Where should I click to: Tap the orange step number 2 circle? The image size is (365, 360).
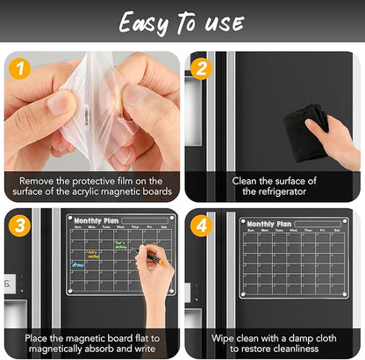point(201,67)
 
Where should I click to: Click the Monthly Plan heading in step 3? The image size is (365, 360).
point(95,221)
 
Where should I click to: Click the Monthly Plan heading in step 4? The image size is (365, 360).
point(268,224)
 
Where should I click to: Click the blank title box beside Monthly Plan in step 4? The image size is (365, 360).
point(318,225)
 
